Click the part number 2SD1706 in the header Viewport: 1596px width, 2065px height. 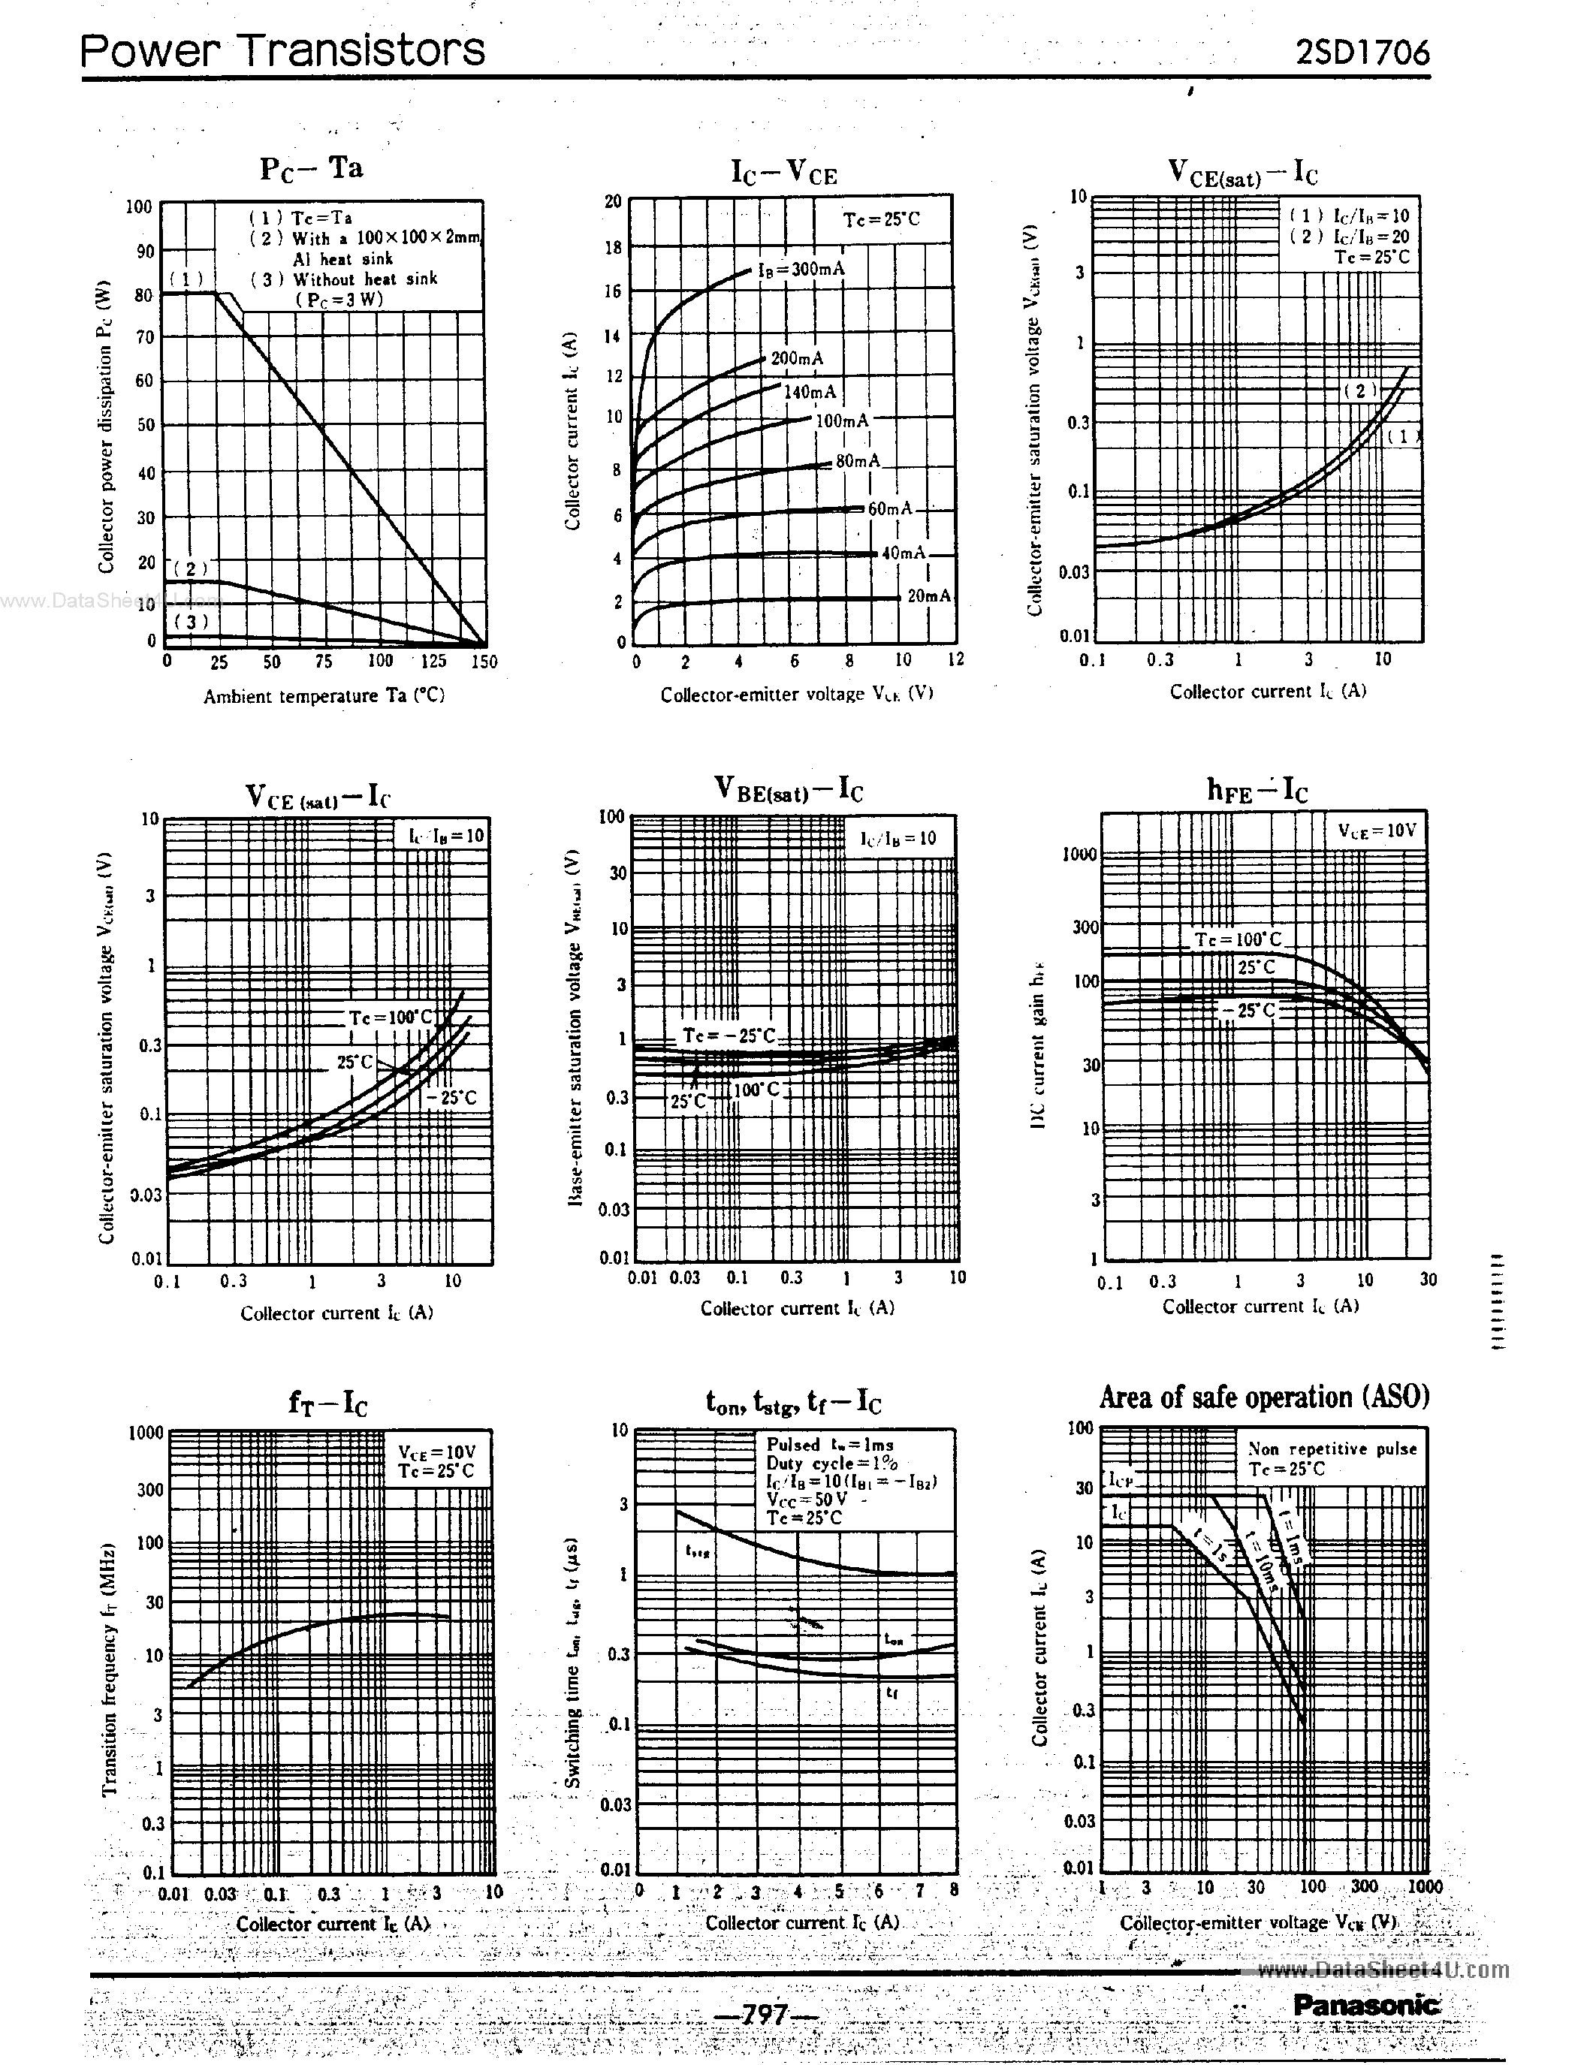(1362, 52)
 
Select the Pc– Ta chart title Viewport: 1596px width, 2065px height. (311, 168)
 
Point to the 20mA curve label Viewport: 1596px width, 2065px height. (928, 595)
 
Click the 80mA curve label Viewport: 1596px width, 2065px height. (858, 460)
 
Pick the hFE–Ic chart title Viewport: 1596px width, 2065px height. (1257, 789)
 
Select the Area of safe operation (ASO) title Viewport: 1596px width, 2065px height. (1264, 1397)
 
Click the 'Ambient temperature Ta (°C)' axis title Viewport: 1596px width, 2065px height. (324, 696)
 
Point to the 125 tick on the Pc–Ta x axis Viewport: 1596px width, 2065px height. (433, 661)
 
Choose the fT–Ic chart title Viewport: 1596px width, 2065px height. (327, 1403)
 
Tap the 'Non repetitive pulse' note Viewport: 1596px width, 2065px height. (1332, 1449)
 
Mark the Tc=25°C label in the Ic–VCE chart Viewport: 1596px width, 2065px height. (881, 219)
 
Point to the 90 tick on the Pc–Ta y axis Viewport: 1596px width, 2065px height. (145, 251)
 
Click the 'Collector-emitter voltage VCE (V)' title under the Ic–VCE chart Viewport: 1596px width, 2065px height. (796, 694)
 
